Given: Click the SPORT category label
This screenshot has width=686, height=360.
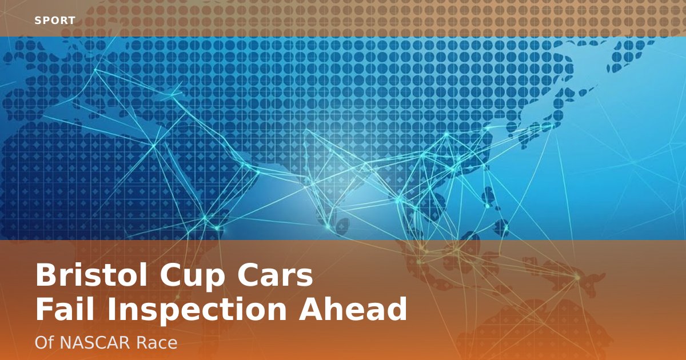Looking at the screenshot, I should [x=55, y=21].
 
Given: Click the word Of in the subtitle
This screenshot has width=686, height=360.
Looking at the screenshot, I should [x=43, y=343].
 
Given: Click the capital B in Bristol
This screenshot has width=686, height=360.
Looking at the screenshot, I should [x=46, y=276].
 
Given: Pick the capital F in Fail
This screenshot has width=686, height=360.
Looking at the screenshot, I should [x=43, y=310].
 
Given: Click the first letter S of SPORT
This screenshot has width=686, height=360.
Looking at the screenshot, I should [x=38, y=21].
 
